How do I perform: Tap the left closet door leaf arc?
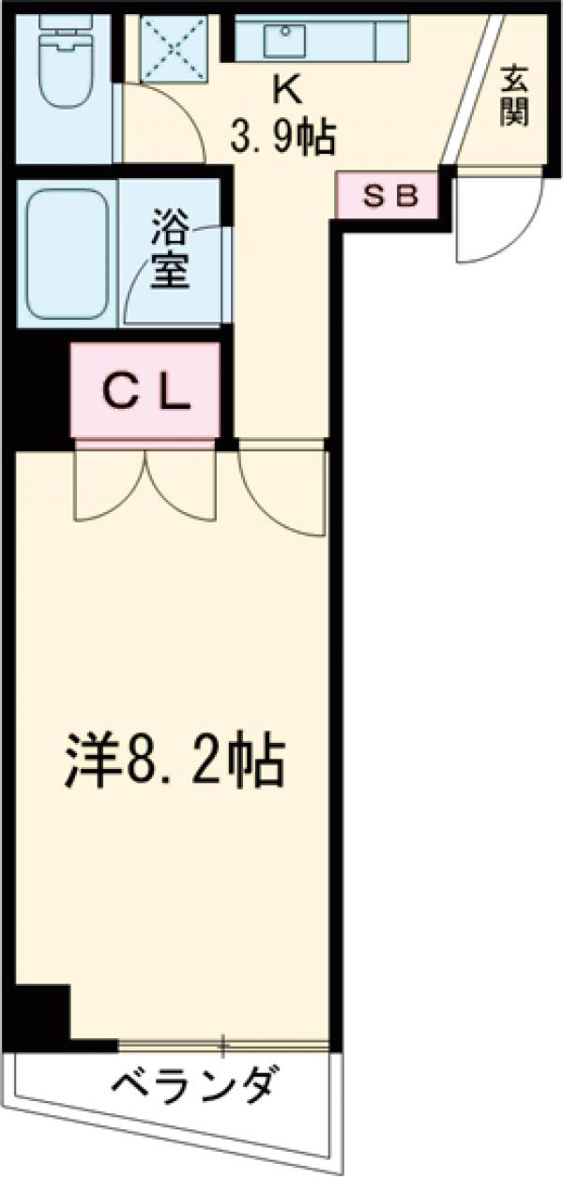[x=108, y=488]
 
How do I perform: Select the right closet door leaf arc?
[x=183, y=488]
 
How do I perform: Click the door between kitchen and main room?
[x=281, y=492]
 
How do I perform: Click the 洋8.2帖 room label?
[x=175, y=763]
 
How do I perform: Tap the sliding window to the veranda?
[x=223, y=1042]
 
